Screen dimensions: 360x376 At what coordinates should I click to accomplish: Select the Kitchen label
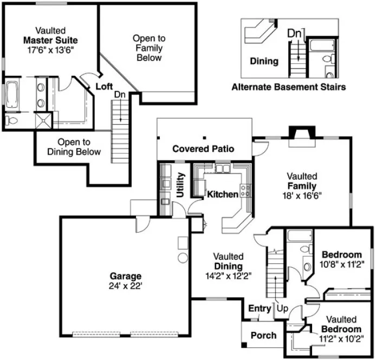tap(223, 194)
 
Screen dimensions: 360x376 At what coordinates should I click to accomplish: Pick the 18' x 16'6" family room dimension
tap(301, 196)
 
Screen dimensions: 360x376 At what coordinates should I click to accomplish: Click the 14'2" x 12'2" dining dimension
tap(228, 275)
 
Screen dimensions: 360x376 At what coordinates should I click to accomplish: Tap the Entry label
tap(259, 308)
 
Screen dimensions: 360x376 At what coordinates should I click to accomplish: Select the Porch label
tap(263, 336)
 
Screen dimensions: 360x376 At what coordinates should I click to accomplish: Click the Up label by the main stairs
tap(283, 308)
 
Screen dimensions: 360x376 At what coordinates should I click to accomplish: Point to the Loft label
tap(104, 86)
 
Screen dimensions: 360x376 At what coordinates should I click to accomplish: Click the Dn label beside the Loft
tap(120, 94)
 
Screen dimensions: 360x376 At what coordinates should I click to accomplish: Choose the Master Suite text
tap(50, 40)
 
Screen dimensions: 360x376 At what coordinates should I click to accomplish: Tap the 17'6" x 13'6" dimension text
tap(50, 49)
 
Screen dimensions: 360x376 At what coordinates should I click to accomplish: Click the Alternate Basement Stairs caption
tap(288, 87)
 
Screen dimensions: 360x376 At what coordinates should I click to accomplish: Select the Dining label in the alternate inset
tap(264, 61)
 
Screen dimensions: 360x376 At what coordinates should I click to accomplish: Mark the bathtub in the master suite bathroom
tap(11, 95)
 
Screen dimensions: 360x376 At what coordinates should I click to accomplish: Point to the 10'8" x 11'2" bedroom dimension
tap(341, 264)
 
